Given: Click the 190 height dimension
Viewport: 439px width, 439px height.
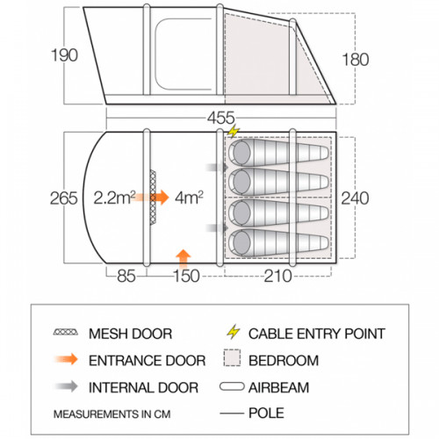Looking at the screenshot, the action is (x=64, y=55).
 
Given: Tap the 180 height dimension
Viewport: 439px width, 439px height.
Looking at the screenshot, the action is (x=356, y=60).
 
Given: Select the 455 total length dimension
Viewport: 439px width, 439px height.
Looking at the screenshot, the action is (x=221, y=118).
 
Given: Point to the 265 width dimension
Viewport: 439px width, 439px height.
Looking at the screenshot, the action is (x=63, y=198).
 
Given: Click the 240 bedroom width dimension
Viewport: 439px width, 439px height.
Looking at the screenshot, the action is (x=355, y=198).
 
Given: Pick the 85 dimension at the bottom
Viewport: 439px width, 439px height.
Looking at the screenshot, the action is (x=126, y=276).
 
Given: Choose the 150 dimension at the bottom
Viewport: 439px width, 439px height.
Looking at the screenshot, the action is (x=186, y=276).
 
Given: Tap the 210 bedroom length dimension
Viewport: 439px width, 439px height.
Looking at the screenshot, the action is (x=277, y=276).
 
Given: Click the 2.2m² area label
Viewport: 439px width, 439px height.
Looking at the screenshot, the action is (x=114, y=198).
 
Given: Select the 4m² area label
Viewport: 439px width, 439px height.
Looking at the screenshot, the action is (x=189, y=198).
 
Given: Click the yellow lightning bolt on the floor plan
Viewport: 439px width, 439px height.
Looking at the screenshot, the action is (x=234, y=131).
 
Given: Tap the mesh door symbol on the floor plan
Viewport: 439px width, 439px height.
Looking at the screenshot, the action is (x=153, y=198).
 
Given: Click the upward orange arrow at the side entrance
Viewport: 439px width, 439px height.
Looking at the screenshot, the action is (x=184, y=259).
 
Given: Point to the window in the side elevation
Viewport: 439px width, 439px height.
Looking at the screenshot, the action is (x=184, y=54).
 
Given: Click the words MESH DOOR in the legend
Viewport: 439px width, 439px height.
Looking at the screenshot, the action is (x=130, y=334).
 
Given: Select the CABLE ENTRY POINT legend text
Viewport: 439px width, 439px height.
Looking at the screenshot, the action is (x=317, y=334).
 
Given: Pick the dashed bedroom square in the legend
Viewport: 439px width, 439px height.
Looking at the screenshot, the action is (x=232, y=357).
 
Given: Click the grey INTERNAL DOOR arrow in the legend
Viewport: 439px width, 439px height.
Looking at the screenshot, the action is (x=67, y=386).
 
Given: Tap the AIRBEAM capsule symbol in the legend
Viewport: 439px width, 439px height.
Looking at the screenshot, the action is (x=232, y=386).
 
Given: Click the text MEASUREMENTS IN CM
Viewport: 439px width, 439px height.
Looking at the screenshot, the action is (x=112, y=414).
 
